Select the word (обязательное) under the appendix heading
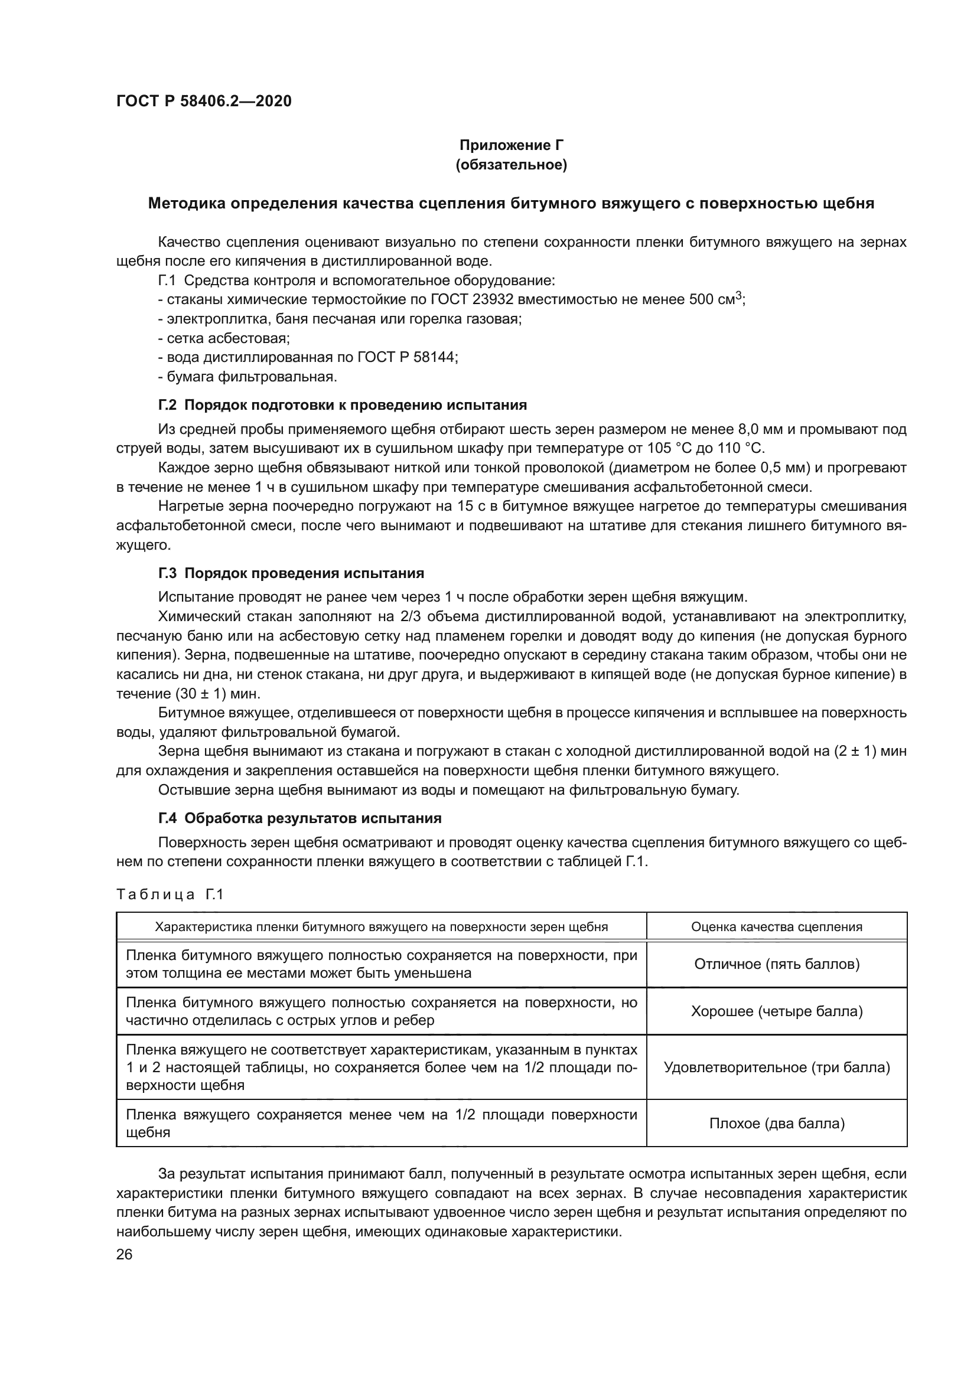click(x=511, y=165)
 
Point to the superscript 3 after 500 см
click(x=740, y=295)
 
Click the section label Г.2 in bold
click(x=167, y=405)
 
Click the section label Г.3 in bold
click(x=167, y=573)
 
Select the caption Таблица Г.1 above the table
click(x=170, y=895)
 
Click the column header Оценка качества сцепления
click(x=776, y=927)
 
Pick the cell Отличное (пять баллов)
click(x=776, y=965)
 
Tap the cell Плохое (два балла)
click(x=776, y=1124)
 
